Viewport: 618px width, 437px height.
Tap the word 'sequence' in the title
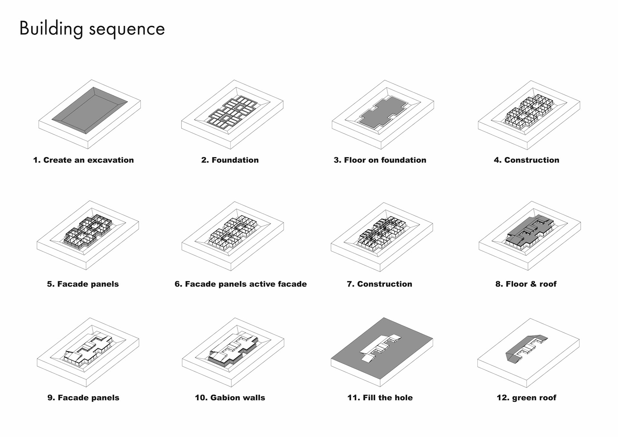pos(127,30)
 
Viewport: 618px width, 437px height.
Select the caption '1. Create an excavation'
pos(83,160)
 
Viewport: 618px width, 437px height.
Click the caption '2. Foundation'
pos(230,160)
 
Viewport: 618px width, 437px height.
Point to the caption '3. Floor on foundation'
pos(380,160)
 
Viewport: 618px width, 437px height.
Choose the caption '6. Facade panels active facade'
pos(240,284)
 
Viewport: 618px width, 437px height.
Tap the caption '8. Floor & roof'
pos(526,284)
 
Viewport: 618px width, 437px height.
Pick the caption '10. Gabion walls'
pos(230,398)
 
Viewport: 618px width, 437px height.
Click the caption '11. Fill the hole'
pos(380,398)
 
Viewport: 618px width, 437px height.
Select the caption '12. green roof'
pos(526,398)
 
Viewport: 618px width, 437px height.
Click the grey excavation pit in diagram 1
pos(90,110)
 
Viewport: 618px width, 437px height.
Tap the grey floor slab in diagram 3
pos(383,112)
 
